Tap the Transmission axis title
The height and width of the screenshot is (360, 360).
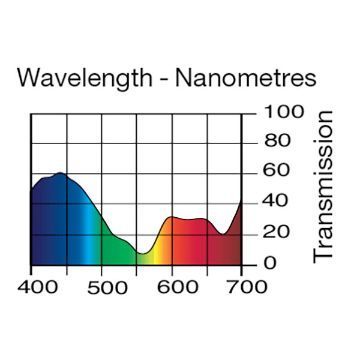[x=324, y=185]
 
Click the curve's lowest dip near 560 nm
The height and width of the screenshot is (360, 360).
[x=142, y=254]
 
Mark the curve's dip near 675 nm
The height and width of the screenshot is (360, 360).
[x=223, y=234]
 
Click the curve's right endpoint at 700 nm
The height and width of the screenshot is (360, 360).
[x=241, y=201]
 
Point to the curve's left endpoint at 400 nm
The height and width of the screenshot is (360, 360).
[x=31, y=190]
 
